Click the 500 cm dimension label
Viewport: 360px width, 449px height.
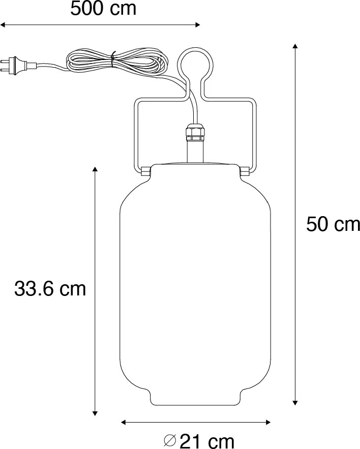click(103, 9)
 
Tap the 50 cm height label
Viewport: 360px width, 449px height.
click(333, 224)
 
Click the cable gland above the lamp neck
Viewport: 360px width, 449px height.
click(195, 133)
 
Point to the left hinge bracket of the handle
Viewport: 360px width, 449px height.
click(145, 171)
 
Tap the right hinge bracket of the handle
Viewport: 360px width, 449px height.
click(245, 171)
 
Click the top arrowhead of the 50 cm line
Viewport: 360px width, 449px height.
click(295, 47)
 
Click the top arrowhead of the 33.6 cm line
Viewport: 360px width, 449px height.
click(95, 169)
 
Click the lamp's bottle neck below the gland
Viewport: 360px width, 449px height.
click(195, 153)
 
